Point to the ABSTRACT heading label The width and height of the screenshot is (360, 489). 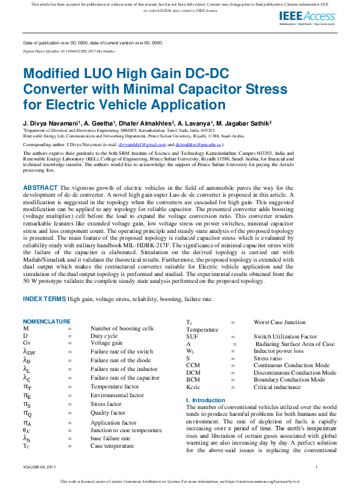point(41,187)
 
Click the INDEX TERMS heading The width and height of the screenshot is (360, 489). point(44,299)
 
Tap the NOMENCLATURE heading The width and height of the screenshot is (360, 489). point(47,322)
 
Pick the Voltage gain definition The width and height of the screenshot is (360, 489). point(107,343)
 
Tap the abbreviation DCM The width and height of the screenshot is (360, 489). point(193,373)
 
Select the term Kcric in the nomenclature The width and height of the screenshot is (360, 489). point(193,387)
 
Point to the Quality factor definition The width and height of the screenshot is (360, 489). point(107,413)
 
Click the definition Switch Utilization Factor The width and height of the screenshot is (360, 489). point(286,336)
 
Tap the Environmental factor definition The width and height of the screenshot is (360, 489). point(117,395)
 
